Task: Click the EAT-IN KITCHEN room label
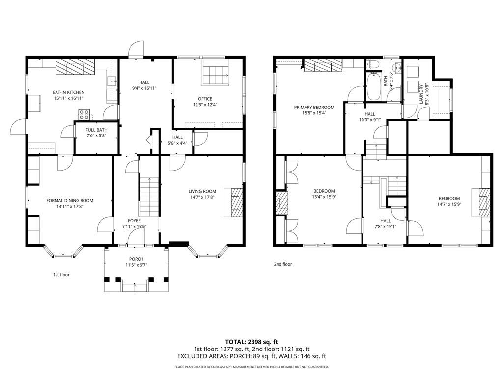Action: tap(69, 92)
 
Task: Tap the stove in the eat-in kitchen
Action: tap(84, 114)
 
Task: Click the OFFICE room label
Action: tap(205, 99)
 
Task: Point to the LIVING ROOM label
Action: tap(202, 191)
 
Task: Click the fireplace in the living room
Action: tap(236, 202)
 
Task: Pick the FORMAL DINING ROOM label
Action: tap(70, 200)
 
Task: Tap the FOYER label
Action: tap(135, 221)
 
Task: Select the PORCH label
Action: tap(136, 259)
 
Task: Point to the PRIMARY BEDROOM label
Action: tap(314, 108)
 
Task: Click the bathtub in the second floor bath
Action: tap(374, 87)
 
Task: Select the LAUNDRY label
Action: tap(421, 94)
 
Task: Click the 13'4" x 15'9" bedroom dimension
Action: tap(324, 197)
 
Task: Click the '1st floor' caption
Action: tap(61, 275)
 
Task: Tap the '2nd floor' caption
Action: tap(283, 264)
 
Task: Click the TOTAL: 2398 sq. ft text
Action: tap(251, 341)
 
